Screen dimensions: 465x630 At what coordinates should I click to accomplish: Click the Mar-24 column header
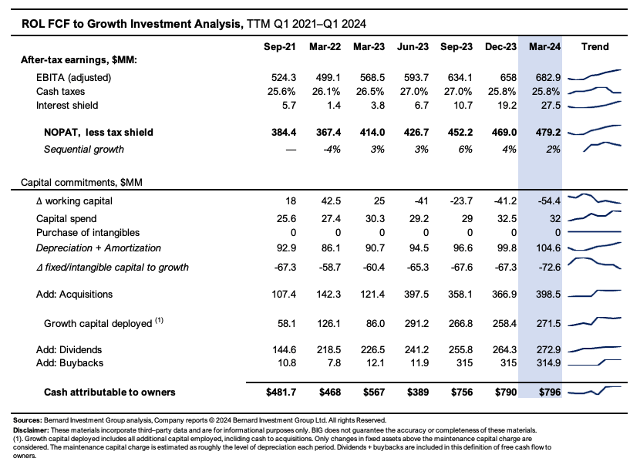(544, 46)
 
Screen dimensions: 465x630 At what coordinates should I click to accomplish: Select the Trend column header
(595, 46)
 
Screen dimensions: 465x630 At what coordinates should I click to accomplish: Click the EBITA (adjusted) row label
(74, 78)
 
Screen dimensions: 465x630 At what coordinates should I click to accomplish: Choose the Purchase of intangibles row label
(89, 232)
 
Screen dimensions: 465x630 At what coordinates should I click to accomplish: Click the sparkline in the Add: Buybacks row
(595, 362)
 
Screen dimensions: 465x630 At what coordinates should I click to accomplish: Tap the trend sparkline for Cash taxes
(595, 91)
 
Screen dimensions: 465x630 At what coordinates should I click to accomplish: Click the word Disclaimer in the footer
(32, 429)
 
